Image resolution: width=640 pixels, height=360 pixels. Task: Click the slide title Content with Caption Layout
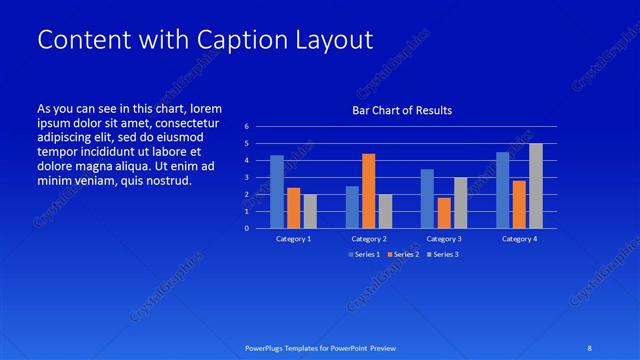pyautogui.click(x=205, y=40)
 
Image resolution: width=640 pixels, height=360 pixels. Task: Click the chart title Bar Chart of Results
pyautogui.click(x=401, y=110)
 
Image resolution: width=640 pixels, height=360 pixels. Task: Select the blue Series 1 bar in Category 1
pyautogui.click(x=277, y=191)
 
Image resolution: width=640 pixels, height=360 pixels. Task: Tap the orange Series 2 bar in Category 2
pyautogui.click(x=369, y=190)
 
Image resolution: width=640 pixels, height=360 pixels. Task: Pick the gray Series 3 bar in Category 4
pyautogui.click(x=536, y=185)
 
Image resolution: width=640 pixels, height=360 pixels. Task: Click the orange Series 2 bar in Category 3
pyautogui.click(x=444, y=212)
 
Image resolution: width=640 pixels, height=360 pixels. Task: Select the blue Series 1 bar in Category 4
pyautogui.click(x=503, y=189)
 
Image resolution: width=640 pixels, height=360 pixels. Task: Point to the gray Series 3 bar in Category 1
pyautogui.click(x=310, y=211)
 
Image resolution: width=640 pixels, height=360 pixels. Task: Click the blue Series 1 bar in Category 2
pyautogui.click(x=352, y=206)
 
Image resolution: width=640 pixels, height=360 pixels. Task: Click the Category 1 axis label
pyautogui.click(x=294, y=239)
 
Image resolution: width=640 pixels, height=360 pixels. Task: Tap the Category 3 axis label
pyautogui.click(x=444, y=239)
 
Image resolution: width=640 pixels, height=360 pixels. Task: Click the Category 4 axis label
pyautogui.click(x=519, y=239)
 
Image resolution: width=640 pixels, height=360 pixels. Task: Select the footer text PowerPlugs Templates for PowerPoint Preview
pyautogui.click(x=320, y=347)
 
